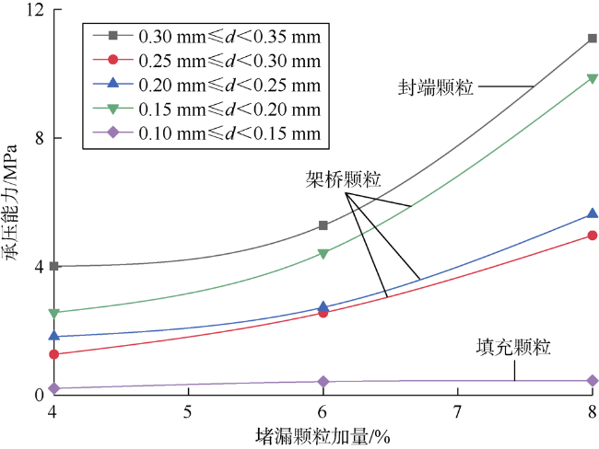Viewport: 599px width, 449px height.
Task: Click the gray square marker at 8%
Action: (592, 39)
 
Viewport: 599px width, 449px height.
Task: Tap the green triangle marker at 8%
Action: (592, 78)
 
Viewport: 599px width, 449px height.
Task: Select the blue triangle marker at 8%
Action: (592, 214)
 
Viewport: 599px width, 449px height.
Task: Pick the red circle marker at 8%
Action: (592, 236)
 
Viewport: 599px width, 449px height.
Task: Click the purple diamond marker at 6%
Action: (323, 382)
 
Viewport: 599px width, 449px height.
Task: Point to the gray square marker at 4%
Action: (54, 266)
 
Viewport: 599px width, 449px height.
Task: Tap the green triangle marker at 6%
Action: (323, 254)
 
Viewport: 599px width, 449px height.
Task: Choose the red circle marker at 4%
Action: (54, 354)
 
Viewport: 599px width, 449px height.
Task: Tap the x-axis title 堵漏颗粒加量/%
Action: (323, 435)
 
